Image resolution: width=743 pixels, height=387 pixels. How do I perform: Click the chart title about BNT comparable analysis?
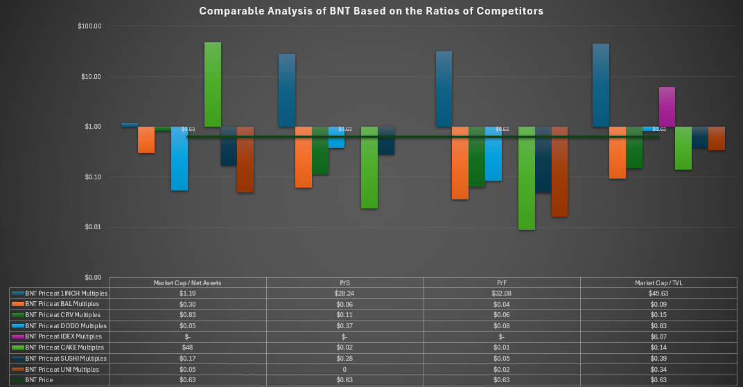pos(371,11)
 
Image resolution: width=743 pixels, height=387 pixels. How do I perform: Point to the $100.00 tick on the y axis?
pos(91,26)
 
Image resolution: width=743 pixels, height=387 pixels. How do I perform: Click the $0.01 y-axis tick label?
pos(93,227)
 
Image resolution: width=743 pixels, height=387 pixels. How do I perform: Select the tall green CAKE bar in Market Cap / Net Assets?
pos(212,84)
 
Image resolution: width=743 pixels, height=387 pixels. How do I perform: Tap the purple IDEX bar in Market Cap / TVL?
pos(667,107)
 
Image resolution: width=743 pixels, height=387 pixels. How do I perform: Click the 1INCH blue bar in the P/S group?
pos(287,90)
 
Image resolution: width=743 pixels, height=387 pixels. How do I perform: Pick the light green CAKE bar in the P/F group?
pos(527,178)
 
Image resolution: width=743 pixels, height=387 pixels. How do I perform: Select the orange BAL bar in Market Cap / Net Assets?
pos(146,139)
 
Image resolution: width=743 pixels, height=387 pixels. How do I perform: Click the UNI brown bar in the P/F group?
pos(559,172)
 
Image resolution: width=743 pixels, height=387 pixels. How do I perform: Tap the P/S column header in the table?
pos(344,282)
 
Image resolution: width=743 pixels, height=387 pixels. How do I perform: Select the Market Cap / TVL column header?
pos(658,282)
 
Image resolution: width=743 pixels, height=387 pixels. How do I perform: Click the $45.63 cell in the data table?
pos(658,294)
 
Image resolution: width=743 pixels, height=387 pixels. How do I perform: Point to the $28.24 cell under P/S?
pos(344,294)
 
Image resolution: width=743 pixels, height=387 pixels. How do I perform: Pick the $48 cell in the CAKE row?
pos(187,348)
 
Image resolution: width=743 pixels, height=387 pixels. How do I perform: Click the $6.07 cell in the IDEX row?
pos(658,336)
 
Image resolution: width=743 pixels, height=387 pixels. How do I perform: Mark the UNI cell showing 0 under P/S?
pos(344,370)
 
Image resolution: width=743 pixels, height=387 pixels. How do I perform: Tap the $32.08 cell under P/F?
pos(501,294)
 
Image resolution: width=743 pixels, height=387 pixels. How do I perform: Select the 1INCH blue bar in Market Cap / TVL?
pos(601,85)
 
